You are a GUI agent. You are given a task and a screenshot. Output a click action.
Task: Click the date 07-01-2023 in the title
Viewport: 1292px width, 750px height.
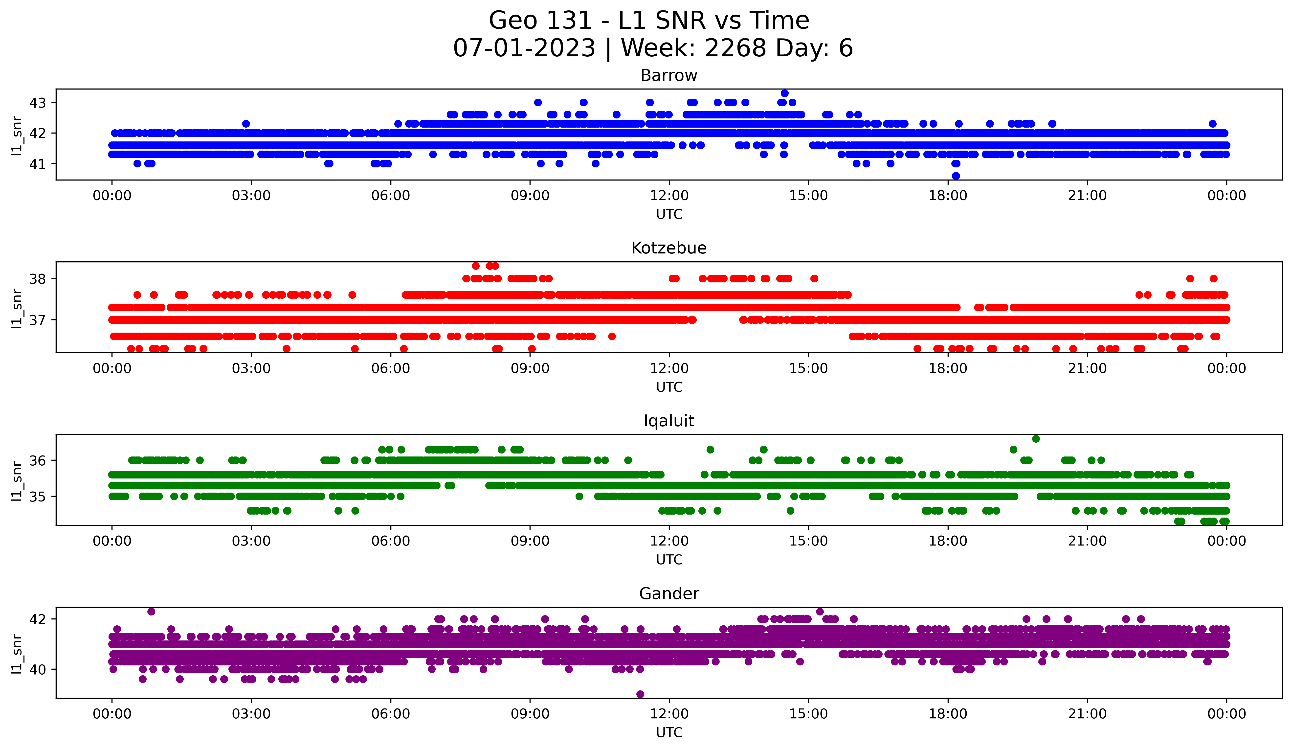[524, 48]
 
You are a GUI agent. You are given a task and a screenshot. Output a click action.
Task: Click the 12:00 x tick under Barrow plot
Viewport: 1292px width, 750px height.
[669, 196]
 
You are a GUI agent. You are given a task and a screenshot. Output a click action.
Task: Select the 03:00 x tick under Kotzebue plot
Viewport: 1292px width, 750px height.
[251, 369]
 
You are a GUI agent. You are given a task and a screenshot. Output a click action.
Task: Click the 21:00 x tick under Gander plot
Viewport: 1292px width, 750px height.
[1087, 714]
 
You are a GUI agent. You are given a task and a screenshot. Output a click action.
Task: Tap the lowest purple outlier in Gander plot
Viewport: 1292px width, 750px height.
[640, 694]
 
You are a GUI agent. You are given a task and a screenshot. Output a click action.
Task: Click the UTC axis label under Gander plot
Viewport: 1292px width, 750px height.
[669, 733]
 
